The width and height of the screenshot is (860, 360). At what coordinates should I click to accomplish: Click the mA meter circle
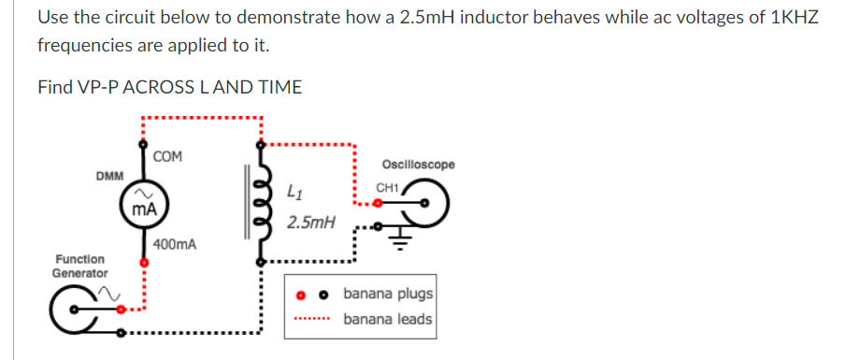click(143, 207)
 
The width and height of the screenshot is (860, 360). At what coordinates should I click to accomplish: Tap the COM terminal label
click(169, 155)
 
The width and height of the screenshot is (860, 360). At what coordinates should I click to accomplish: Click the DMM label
click(110, 176)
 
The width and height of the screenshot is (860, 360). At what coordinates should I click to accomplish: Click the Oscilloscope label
click(419, 165)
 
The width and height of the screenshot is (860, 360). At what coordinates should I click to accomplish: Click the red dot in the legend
click(301, 295)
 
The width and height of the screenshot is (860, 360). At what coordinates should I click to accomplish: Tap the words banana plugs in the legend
click(387, 294)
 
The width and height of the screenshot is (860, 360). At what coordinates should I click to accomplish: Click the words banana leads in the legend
click(387, 320)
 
